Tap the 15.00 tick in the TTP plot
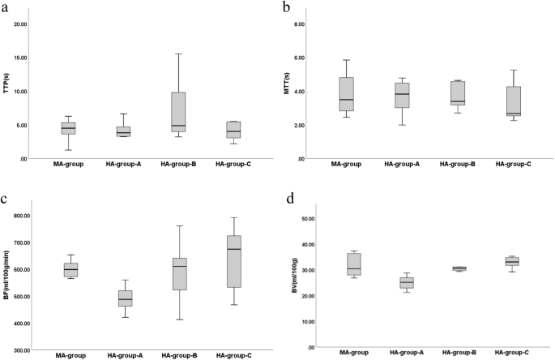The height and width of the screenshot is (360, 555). [39, 58]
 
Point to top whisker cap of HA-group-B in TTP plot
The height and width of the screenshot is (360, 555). [179, 54]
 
